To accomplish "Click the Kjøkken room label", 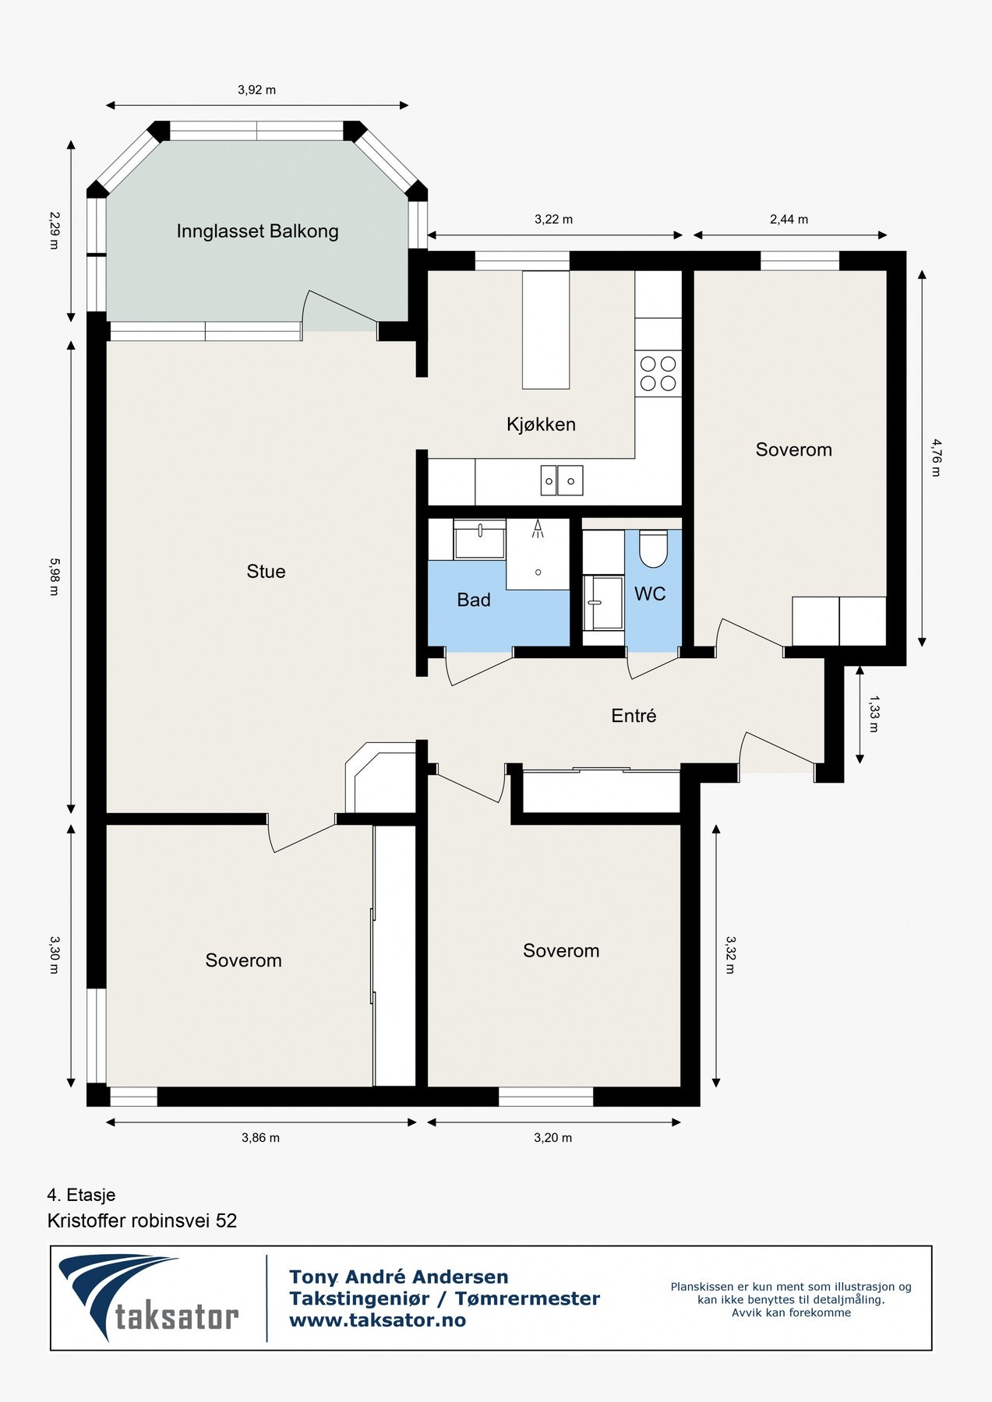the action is click(x=541, y=424).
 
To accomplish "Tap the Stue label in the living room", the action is click(x=266, y=571).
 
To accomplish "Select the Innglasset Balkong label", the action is click(x=257, y=231).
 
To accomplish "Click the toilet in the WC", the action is click(x=653, y=549).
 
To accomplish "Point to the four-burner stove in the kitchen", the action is click(x=658, y=373).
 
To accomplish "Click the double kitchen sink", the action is click(x=562, y=481).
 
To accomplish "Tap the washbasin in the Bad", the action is click(x=479, y=541).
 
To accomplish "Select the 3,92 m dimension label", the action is click(x=257, y=90).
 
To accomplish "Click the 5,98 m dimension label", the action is click(x=54, y=576).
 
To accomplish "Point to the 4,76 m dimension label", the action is click(x=936, y=457).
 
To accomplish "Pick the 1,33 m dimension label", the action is click(x=874, y=714).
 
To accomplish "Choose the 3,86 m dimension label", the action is click(x=260, y=1138).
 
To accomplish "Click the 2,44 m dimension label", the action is click(x=789, y=220).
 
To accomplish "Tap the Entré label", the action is click(x=634, y=716).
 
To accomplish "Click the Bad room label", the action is click(x=474, y=600).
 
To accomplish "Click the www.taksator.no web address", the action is click(x=377, y=1320).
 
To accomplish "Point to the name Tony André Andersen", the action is click(x=399, y=1277).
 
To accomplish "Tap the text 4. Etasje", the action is click(x=81, y=1195).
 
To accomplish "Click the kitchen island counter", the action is click(x=545, y=329).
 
